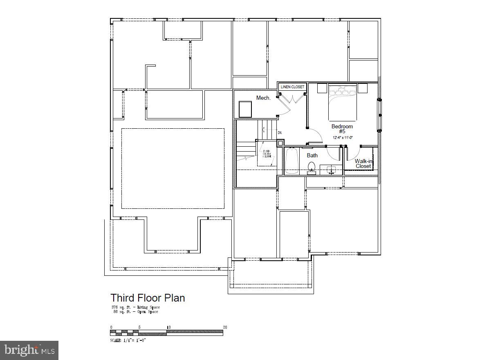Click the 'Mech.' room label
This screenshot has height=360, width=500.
pyautogui.click(x=263, y=98)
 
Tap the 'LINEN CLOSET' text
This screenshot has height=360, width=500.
pyautogui.click(x=292, y=87)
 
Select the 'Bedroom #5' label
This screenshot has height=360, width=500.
pyautogui.click(x=342, y=129)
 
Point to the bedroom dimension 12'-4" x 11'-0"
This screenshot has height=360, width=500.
pyautogui.click(x=342, y=137)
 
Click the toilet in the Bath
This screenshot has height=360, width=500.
pyautogui.click(x=312, y=168)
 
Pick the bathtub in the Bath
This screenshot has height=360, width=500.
pyautogui.click(x=291, y=161)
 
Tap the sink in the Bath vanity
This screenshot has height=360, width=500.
pyautogui.click(x=331, y=170)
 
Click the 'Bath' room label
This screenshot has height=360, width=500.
pyautogui.click(x=312, y=155)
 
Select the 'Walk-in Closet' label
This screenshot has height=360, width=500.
pyautogui.click(x=363, y=163)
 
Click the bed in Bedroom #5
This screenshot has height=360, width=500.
pyautogui.click(x=343, y=102)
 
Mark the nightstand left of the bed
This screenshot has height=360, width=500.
pyautogui.click(x=322, y=88)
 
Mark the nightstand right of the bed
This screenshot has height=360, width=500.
pyautogui.click(x=363, y=88)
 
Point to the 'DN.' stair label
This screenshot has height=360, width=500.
pyautogui.click(x=280, y=133)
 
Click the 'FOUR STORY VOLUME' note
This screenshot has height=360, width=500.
pyautogui.click(x=267, y=154)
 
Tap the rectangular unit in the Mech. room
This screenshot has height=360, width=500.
pyautogui.click(x=245, y=110)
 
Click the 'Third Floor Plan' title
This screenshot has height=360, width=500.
pyautogui.click(x=148, y=298)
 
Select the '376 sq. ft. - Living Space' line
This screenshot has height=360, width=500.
pyautogui.click(x=135, y=307)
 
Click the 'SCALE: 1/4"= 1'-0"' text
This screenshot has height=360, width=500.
pyautogui.click(x=128, y=340)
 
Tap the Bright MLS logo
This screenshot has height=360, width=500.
pyautogui.click(x=29, y=350)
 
